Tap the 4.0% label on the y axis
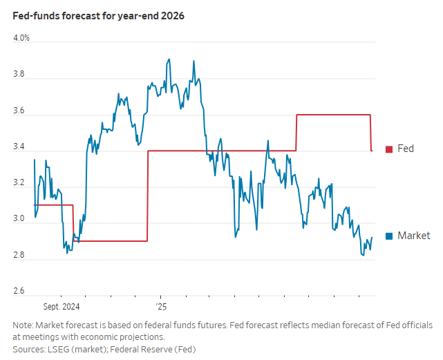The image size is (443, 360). (x=21, y=37)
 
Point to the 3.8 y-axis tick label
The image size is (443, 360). (x=19, y=74)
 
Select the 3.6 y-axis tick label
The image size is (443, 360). (x=19, y=111)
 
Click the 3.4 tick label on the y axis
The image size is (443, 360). (x=19, y=147)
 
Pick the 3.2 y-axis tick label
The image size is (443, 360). (x=19, y=183)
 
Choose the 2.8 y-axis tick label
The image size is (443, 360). (x=19, y=256)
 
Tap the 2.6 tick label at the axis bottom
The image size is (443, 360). (x=19, y=292)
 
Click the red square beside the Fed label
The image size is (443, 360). (x=389, y=149)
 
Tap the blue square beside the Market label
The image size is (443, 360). (x=389, y=236)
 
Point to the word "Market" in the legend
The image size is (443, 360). (x=413, y=236)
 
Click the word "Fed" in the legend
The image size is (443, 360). (x=406, y=149)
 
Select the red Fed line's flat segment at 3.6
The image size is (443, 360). (x=334, y=115)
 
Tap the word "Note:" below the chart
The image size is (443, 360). (x=23, y=325)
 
